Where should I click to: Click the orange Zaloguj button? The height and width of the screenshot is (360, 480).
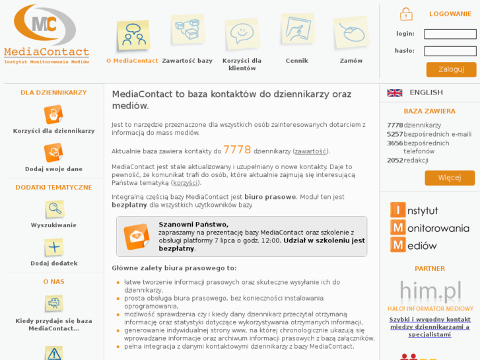click(451, 69)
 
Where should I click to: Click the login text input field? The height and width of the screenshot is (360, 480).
click(450, 34)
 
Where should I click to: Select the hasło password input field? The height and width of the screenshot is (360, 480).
click(450, 51)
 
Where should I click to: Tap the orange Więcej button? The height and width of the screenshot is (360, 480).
click(450, 178)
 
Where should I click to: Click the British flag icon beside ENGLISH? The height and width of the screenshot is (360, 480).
click(395, 93)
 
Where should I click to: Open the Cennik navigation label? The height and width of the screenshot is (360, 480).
click(296, 61)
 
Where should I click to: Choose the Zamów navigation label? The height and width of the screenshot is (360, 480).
click(351, 61)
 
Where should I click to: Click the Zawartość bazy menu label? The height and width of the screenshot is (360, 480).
click(187, 61)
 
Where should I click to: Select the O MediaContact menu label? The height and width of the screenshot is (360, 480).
click(132, 61)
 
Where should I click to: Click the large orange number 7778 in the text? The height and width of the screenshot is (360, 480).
click(237, 150)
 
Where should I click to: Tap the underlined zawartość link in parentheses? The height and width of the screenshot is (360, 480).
click(310, 151)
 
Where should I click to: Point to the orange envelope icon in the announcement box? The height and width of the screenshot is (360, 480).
click(137, 236)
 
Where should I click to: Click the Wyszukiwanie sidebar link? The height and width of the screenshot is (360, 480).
click(53, 225)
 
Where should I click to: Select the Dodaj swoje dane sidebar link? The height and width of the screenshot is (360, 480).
click(53, 169)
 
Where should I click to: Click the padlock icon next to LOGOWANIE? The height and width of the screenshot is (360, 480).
click(406, 14)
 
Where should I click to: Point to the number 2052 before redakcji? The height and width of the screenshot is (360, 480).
click(394, 161)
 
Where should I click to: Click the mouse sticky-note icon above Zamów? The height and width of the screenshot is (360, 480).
click(351, 32)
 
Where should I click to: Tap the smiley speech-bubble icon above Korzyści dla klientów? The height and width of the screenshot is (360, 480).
click(242, 32)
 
